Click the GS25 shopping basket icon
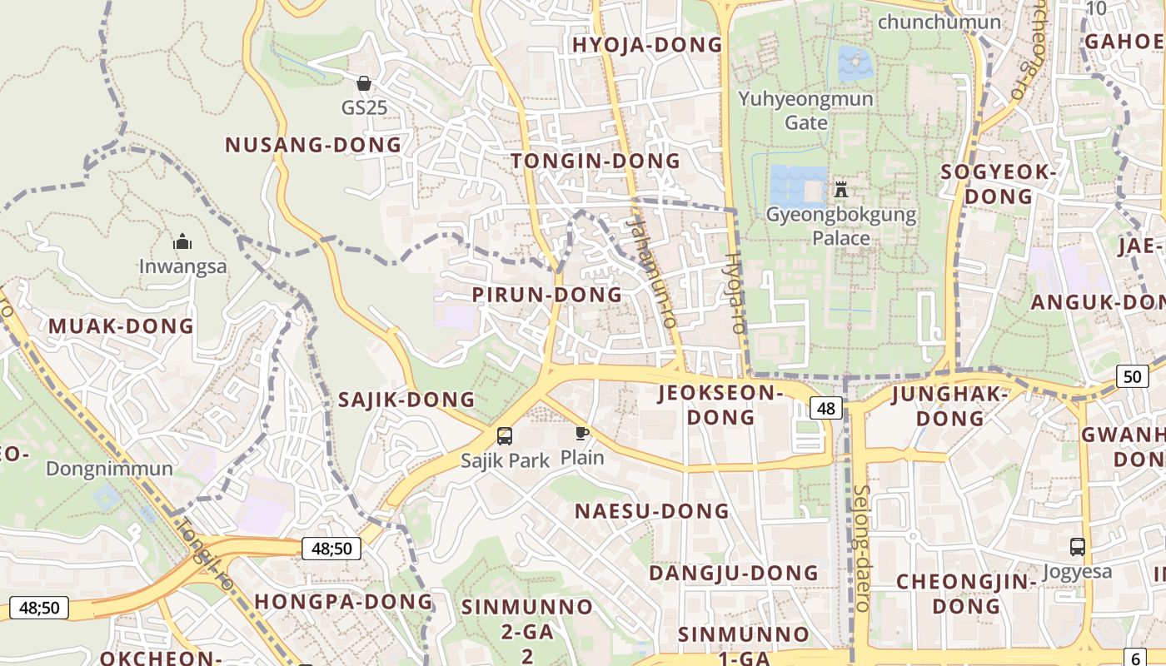[364, 83]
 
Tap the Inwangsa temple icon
[182, 242]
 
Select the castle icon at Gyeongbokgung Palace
[841, 189]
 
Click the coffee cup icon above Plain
[582, 433]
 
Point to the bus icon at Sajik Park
[505, 435]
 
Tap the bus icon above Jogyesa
[1078, 547]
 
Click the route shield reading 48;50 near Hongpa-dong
[331, 549]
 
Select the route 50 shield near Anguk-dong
[1132, 376]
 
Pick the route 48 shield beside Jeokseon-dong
[825, 408]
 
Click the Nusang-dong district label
[313, 145]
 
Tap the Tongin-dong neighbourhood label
[595, 161]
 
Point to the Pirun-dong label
[546, 295]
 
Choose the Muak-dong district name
[121, 326]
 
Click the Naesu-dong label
[651, 511]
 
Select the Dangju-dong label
[733, 574]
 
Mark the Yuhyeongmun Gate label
[806, 111]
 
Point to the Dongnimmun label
[109, 469]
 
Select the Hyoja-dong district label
[646, 45]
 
